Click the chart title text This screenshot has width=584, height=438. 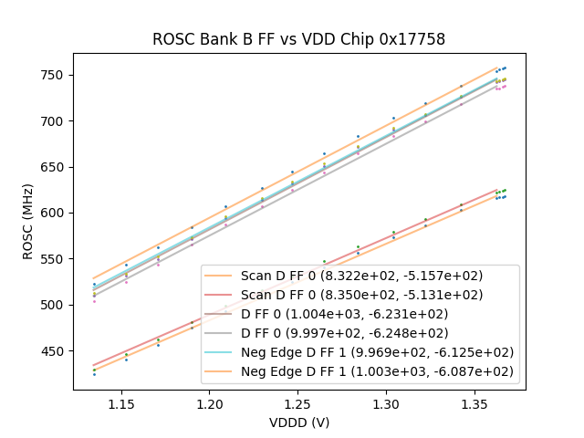pyautogui.click(x=298, y=39)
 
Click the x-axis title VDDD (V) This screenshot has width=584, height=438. pyautogui.click(x=298, y=422)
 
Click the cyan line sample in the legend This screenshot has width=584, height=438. pyautogui.click(x=222, y=352)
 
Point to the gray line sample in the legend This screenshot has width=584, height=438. pyautogui.click(x=222, y=332)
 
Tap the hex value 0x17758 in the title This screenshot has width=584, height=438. pyautogui.click(x=414, y=39)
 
